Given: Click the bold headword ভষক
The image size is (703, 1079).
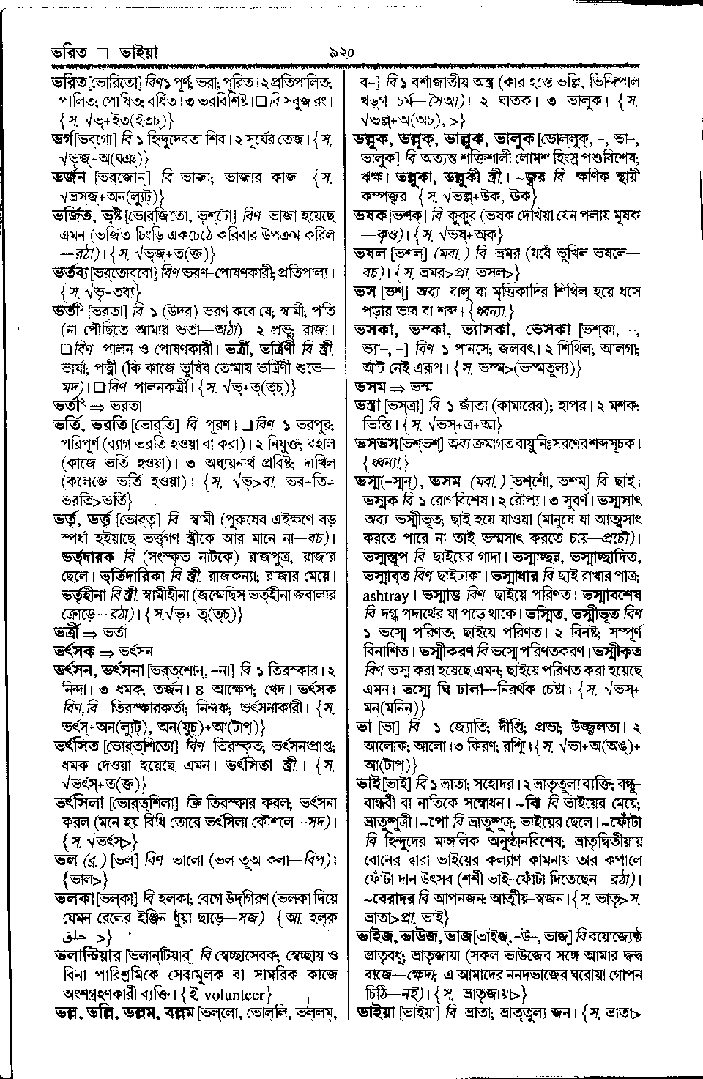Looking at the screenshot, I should coord(371,216).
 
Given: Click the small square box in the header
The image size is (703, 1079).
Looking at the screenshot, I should coord(103,53).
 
